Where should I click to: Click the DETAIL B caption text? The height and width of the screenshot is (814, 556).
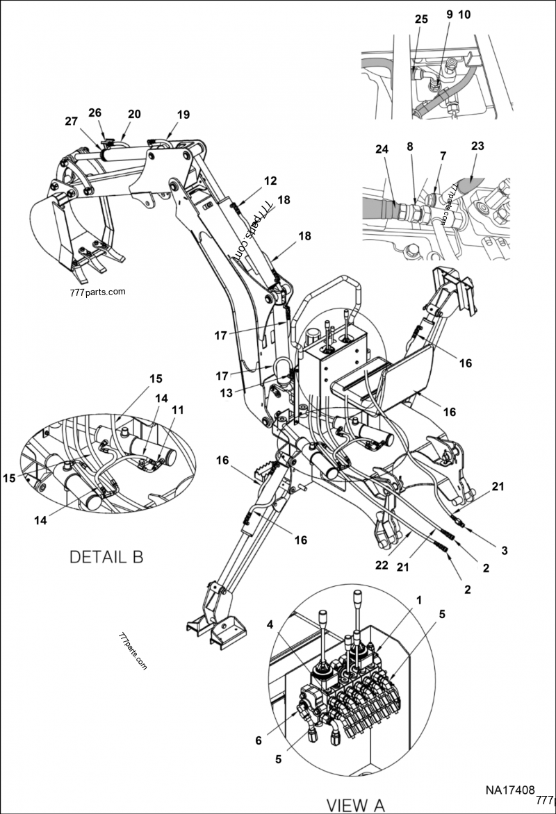coord(106,556)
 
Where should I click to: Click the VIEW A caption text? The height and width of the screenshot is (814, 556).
coord(355,805)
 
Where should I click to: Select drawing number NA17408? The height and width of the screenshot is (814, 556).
coord(509,790)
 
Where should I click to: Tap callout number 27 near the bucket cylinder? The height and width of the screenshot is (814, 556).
coord(72,120)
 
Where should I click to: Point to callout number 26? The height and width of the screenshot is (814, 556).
coord(95,113)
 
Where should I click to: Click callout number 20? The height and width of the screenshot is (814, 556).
coord(133,114)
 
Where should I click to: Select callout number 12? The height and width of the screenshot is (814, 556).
coord(270,181)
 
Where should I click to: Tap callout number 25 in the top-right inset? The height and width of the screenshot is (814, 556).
coord(421,20)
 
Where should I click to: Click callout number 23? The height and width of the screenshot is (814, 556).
coord(477,147)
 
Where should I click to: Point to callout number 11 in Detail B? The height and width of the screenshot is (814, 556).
coord(178,410)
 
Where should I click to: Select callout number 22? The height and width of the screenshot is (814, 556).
coord(382,565)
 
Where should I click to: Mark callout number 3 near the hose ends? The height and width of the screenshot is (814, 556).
coord(505,550)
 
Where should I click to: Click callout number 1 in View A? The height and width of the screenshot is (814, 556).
coord(418,599)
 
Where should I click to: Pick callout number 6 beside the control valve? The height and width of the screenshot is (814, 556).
coord(259,741)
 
